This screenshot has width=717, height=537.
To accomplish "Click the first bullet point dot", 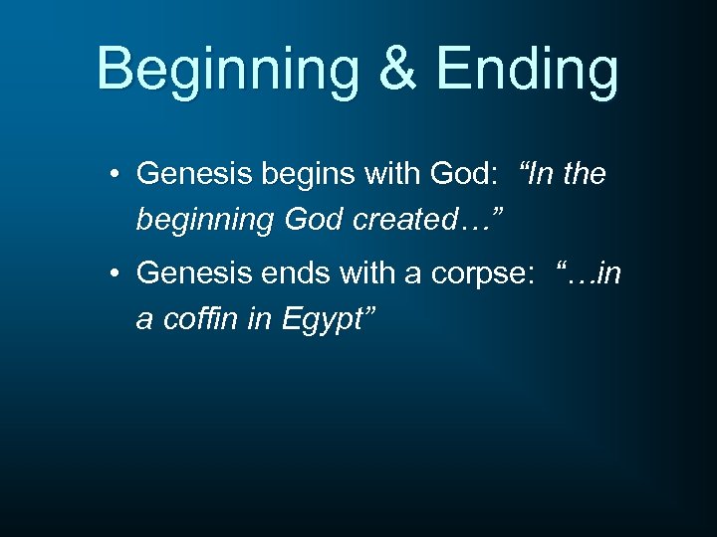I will (x=117, y=175).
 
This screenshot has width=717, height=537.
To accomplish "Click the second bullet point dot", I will (x=117, y=272).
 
